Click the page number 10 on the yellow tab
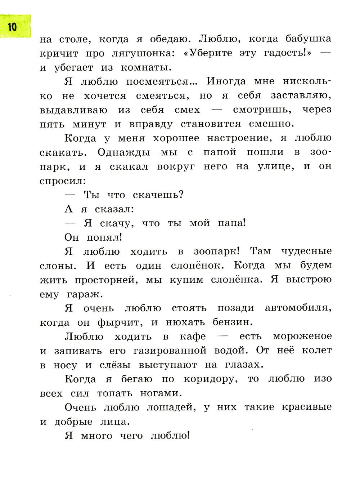[x=12, y=27]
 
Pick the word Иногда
[x=226, y=81]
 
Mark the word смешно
[x=271, y=124]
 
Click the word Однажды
[x=123, y=152]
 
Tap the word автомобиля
[x=298, y=308]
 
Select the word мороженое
[x=302, y=337]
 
